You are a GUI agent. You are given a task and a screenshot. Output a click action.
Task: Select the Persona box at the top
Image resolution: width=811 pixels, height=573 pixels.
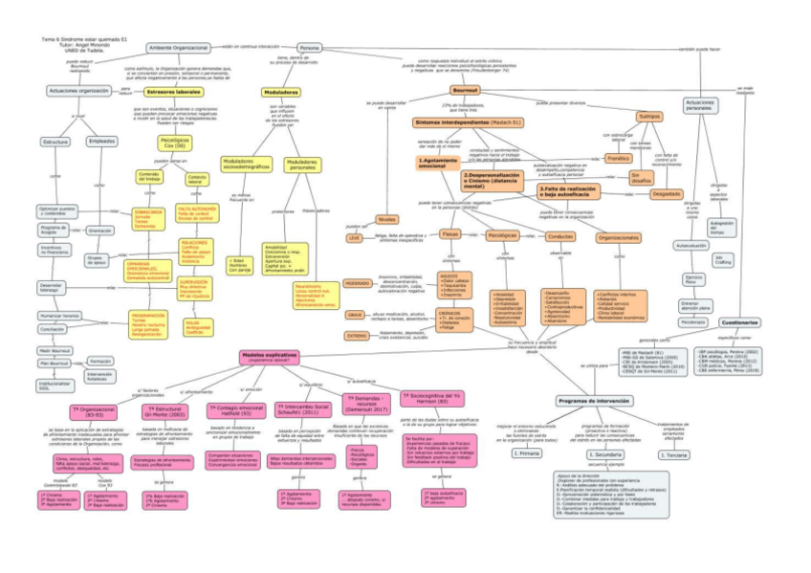click(309, 48)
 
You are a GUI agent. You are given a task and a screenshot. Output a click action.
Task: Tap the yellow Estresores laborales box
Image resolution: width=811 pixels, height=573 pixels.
click(173, 92)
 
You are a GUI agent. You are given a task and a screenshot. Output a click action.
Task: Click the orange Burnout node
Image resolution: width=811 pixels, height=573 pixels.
click(464, 89)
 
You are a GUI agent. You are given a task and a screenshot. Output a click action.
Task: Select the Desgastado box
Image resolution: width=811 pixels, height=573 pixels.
click(640, 193)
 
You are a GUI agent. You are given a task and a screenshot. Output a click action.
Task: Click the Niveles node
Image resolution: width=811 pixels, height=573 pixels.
click(387, 219)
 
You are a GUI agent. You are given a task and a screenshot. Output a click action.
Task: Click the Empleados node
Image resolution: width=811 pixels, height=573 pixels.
click(101, 141)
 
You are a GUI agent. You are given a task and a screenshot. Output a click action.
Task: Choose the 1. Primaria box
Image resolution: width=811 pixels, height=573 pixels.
click(526, 452)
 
